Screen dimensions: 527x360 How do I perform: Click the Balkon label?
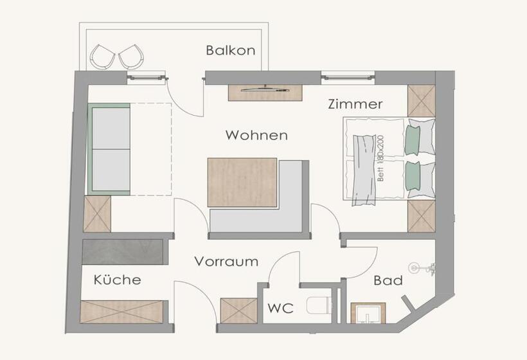pos(231,50)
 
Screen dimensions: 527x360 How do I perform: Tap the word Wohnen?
pos(256,135)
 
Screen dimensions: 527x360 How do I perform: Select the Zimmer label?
pos(355,104)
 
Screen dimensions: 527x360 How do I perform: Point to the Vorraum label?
pos(226,262)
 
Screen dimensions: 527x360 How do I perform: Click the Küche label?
pos(118,280)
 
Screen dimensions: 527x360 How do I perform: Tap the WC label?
pos(281,308)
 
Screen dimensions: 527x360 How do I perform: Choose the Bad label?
pos(388,280)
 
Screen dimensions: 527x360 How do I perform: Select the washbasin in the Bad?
pos(368,313)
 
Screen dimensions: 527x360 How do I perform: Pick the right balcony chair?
pos(131,57)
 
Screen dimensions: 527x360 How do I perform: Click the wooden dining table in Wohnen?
pos(242,183)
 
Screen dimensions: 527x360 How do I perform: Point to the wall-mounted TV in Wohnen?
pos(265,89)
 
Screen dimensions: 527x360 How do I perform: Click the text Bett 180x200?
pos(380,158)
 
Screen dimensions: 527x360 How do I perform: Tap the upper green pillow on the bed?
pos(413,140)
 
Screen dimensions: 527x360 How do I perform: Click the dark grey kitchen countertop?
pos(123,252)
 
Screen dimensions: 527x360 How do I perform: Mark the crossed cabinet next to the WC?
pos(239,311)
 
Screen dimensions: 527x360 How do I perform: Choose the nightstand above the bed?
pos(422,101)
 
